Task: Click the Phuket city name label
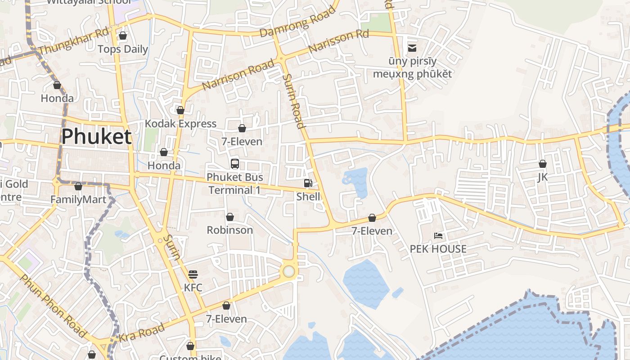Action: tap(96, 136)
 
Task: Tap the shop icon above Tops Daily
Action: tap(122, 36)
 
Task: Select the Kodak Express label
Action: tap(180, 124)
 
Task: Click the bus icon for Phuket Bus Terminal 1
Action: tap(234, 163)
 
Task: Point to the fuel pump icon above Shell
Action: tap(308, 183)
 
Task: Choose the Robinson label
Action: tap(229, 230)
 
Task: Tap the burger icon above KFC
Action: tap(193, 274)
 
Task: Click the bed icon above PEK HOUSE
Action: tap(438, 235)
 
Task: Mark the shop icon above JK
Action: tap(543, 164)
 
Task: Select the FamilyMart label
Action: tap(78, 199)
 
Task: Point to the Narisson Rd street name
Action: tap(338, 41)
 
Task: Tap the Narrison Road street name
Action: tap(238, 75)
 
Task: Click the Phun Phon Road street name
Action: tap(53, 306)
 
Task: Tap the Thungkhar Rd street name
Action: tap(74, 40)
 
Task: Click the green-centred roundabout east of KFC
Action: tap(288, 271)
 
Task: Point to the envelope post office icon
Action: tap(412, 48)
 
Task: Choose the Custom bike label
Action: tap(190, 357)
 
